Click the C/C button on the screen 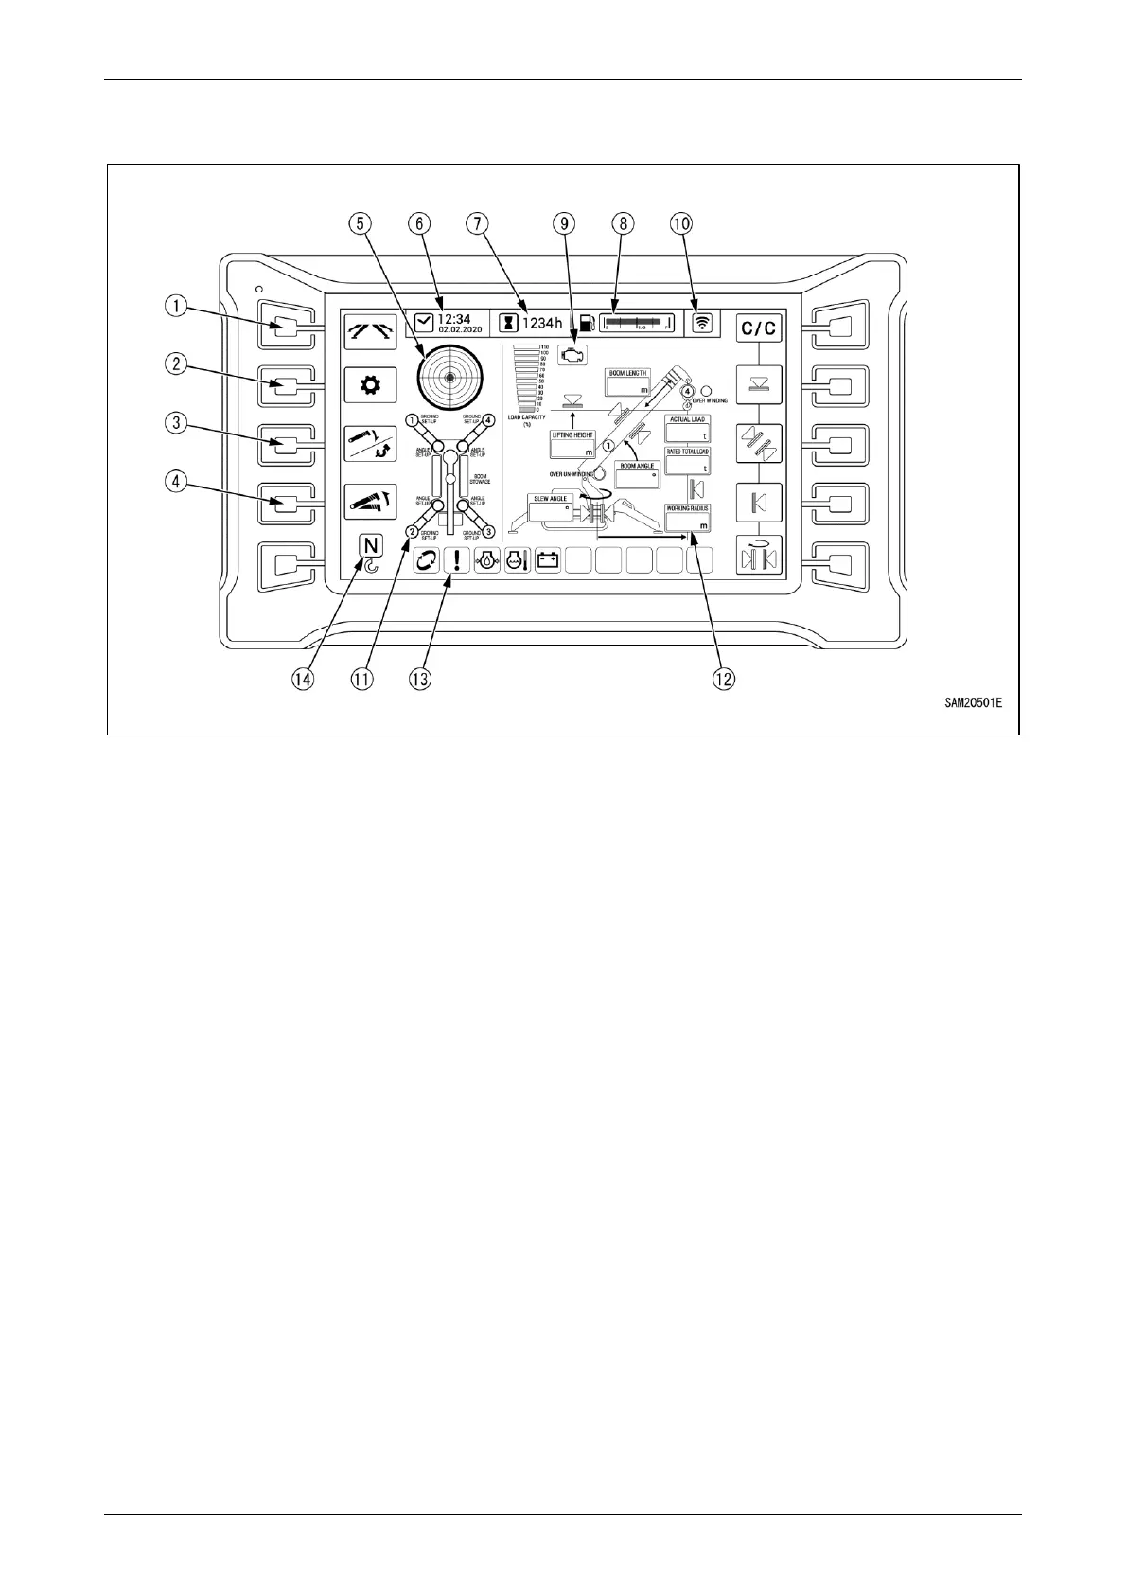[x=759, y=328]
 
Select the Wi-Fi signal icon [x=702, y=323]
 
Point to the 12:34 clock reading [x=454, y=318]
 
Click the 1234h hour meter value [x=542, y=323]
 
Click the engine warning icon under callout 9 [x=572, y=356]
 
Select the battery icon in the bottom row [x=548, y=559]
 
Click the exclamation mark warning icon [x=457, y=559]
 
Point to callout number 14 [x=302, y=680]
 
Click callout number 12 [x=724, y=680]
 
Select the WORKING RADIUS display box [x=688, y=519]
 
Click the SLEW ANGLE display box [x=551, y=508]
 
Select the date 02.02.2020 [x=461, y=329]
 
